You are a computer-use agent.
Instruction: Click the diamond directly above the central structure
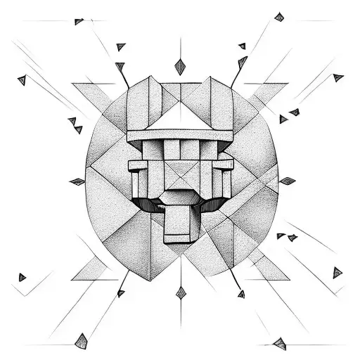[180, 67]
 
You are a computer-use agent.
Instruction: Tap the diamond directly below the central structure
[181, 292]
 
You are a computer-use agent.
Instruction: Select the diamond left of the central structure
[77, 181]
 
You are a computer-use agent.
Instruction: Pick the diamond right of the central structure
[287, 181]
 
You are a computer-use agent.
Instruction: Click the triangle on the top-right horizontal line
[279, 17]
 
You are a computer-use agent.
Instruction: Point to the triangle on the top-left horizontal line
[79, 22]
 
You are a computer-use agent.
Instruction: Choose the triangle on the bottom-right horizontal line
[280, 343]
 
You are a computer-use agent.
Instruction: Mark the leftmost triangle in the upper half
[22, 80]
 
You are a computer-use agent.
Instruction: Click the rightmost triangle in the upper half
[338, 77]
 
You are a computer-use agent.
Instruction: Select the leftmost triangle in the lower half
[22, 277]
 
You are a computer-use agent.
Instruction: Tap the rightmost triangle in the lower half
[337, 272]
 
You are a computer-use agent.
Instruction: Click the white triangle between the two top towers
[180, 117]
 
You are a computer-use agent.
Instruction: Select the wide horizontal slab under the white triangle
[180, 135]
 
